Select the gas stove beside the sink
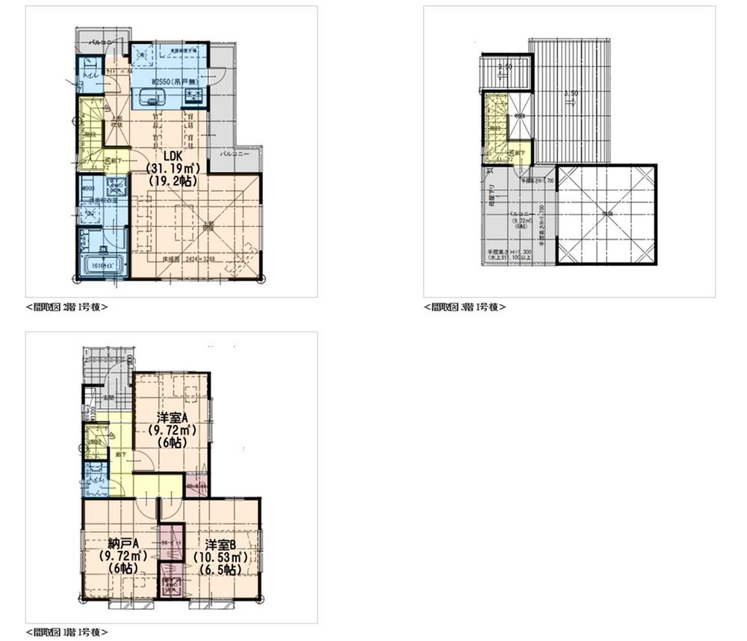coord(193,94)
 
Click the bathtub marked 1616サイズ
coord(102,264)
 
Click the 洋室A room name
coord(171,417)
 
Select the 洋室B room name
coord(221,544)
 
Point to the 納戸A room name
coord(120,544)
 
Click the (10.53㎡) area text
coord(221,557)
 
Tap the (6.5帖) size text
coord(221,569)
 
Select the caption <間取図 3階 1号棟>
coord(465,306)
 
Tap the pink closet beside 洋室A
coord(196,485)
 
